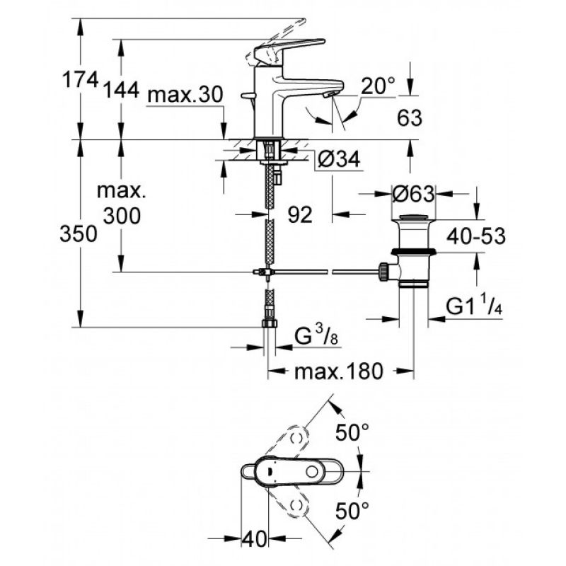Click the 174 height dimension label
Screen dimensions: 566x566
coord(81,79)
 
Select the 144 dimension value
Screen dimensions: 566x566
coord(122,90)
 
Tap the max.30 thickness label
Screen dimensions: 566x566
coord(185,95)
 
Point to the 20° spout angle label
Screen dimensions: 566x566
coord(378,86)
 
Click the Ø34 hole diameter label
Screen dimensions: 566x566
coord(339,158)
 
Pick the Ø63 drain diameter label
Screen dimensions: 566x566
coord(413,195)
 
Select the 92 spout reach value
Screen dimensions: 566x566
coord(299,215)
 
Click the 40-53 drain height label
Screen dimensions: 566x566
coord(476,236)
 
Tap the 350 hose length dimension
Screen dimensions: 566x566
coord(79,233)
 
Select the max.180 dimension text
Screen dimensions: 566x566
coord(338,371)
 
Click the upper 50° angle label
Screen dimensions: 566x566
coord(352,432)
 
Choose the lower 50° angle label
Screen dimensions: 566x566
coord(352,511)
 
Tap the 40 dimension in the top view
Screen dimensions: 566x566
coord(254,539)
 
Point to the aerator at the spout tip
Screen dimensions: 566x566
coord(329,95)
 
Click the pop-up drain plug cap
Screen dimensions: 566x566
coord(413,217)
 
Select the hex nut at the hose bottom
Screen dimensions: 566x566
coord(270,323)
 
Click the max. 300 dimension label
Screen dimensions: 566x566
coord(122,204)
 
